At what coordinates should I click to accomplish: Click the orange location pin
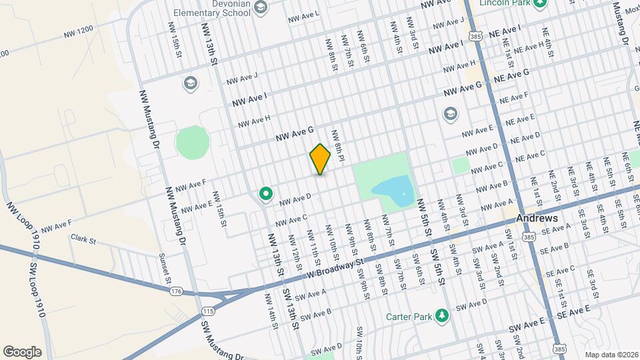(320, 159)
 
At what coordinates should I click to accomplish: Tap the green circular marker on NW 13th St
(266, 194)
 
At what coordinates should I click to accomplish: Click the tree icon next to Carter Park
(440, 315)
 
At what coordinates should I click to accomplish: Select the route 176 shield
(176, 291)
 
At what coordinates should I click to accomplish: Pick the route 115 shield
(209, 311)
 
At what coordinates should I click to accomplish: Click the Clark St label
(84, 238)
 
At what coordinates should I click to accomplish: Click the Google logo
(23, 351)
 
